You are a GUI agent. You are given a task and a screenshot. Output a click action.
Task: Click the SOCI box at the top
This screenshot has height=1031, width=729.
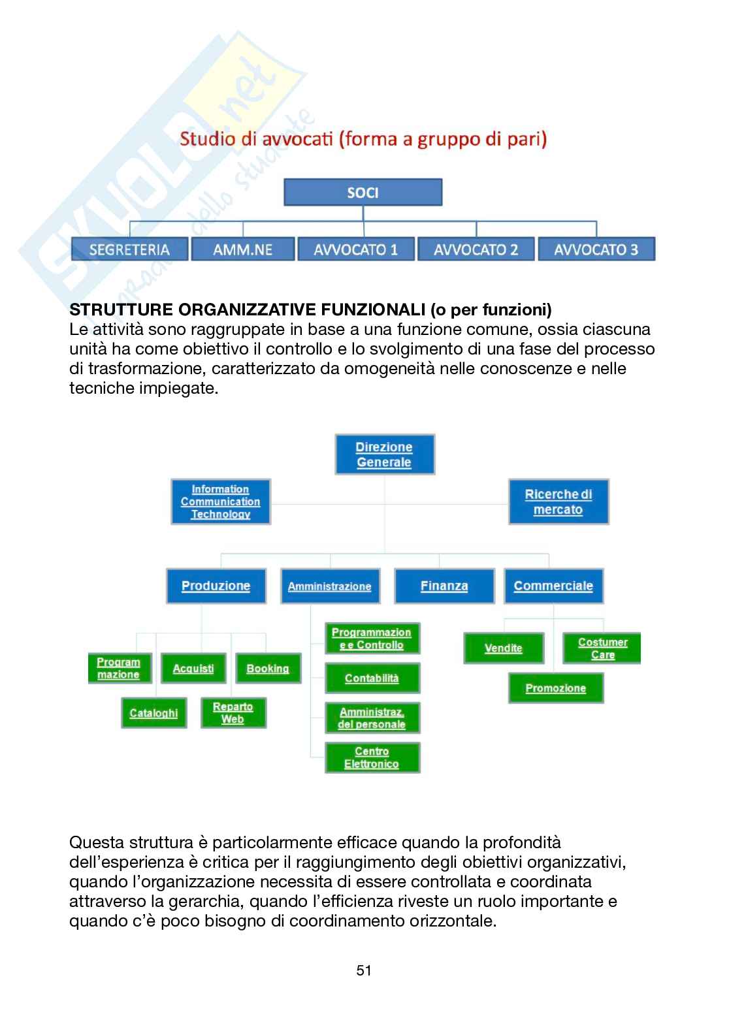(x=363, y=193)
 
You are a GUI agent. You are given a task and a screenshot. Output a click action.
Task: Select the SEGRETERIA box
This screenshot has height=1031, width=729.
(x=129, y=249)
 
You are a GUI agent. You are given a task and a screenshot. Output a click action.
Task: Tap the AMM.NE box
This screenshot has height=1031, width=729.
(x=242, y=249)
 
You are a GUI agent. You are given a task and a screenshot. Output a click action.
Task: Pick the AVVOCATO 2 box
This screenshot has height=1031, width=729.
(x=476, y=249)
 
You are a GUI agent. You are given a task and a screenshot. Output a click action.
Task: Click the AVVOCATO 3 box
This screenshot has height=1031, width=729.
(x=596, y=249)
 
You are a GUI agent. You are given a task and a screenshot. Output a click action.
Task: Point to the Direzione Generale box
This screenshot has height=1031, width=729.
(x=384, y=454)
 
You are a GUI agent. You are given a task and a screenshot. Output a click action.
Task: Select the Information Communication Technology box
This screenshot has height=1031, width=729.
(x=220, y=501)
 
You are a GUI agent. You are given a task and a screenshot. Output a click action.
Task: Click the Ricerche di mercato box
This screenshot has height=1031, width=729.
(x=558, y=501)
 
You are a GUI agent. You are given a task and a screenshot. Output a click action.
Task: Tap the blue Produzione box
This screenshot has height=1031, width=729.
(x=216, y=586)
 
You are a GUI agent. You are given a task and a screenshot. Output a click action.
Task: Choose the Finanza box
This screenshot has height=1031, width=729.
(x=444, y=586)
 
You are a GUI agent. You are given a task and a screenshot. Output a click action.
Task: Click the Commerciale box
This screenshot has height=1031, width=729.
(x=553, y=586)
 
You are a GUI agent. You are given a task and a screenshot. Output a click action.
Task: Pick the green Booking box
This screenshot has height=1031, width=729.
(x=268, y=669)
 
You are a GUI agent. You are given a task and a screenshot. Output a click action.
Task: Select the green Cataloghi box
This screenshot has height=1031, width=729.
(x=154, y=713)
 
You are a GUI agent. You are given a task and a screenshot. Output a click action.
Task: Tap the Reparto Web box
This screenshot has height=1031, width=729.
(x=233, y=713)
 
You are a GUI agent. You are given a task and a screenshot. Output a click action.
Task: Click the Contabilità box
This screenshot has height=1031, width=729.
(x=372, y=678)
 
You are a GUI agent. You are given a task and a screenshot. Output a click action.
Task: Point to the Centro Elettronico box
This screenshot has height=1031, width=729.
(x=372, y=758)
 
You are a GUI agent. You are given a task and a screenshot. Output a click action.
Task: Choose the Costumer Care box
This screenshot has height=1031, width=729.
(x=602, y=648)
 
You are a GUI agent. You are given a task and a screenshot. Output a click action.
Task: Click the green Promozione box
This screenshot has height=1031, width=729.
(x=555, y=688)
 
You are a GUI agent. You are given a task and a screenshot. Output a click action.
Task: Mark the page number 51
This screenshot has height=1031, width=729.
(x=364, y=970)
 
